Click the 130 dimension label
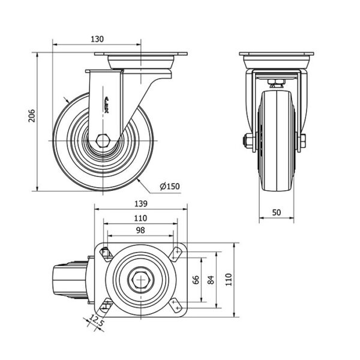point(97,39)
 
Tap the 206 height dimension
point(32,116)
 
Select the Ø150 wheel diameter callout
point(170,186)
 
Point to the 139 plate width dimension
point(141,203)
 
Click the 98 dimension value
point(140,230)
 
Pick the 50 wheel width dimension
point(277,212)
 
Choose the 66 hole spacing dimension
point(196,280)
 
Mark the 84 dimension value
point(211,280)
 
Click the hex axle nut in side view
point(103,140)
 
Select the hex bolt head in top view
point(140,280)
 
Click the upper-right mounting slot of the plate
point(176,254)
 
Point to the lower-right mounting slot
point(176,305)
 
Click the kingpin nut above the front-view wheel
point(277,82)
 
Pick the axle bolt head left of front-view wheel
point(248,140)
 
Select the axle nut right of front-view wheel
point(303,140)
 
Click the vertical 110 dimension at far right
point(229,280)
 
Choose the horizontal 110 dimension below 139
point(140,218)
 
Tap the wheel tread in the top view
point(70,280)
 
